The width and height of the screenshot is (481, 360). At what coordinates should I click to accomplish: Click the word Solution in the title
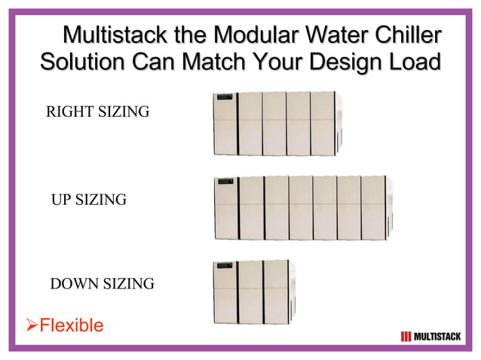point(82,63)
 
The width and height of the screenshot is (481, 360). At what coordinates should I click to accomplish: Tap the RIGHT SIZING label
point(98,112)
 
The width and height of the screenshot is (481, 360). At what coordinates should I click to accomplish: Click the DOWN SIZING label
point(102,284)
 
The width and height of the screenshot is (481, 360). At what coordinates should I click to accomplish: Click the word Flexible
point(71,325)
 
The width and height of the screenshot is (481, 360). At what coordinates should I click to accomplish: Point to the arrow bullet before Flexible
point(32,325)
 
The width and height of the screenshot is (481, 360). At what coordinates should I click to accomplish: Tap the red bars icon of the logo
point(406,336)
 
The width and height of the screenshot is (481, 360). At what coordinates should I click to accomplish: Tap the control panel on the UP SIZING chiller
point(223,181)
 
